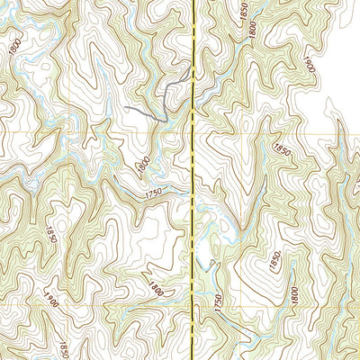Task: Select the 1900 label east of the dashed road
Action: (307, 65)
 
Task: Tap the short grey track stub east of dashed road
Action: (211, 263)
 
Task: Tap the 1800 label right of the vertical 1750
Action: (294, 294)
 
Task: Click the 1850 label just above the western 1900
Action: (51, 236)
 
